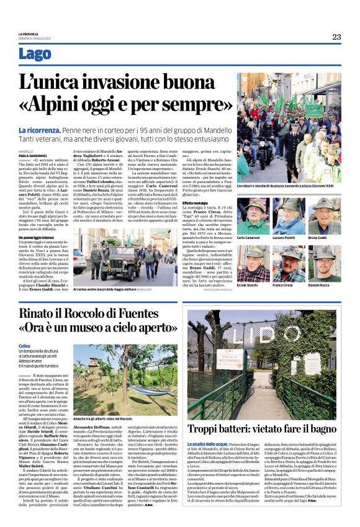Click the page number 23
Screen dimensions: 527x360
pyautogui.click(x=336, y=37)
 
